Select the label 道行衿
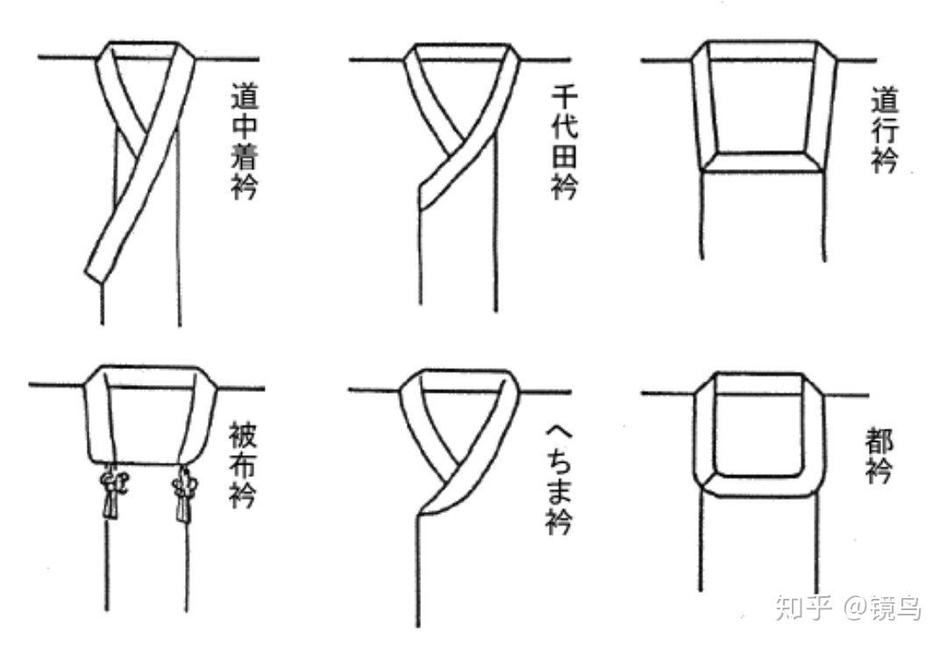885,130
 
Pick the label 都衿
879,456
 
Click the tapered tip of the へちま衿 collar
418,513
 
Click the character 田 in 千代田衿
565,156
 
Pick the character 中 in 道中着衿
244,125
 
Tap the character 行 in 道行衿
885,130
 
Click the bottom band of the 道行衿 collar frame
764,162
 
